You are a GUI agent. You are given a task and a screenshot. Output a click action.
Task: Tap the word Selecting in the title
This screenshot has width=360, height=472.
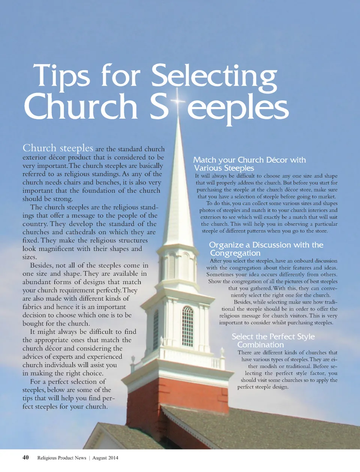214,77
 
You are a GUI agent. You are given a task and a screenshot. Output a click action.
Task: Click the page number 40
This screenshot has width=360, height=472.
25,457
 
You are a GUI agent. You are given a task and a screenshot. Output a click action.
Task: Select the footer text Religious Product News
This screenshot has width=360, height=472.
62,458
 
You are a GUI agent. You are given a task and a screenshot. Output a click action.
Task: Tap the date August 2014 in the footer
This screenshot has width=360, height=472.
105,458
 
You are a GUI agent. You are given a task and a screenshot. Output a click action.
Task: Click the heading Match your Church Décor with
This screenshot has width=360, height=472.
249,160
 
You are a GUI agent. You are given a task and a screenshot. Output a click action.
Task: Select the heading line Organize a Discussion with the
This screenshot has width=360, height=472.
266,245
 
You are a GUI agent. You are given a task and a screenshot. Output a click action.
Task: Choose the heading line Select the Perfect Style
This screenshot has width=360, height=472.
273,336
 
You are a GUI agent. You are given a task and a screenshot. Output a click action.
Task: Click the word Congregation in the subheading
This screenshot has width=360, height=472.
235,253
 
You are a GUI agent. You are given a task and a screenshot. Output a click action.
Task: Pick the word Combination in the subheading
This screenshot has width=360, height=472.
260,345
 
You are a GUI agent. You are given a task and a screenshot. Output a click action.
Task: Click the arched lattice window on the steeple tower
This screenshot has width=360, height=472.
187,326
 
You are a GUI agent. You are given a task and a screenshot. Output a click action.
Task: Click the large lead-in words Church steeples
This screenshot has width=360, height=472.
58,148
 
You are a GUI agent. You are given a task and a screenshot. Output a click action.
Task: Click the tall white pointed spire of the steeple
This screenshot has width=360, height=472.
179,187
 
